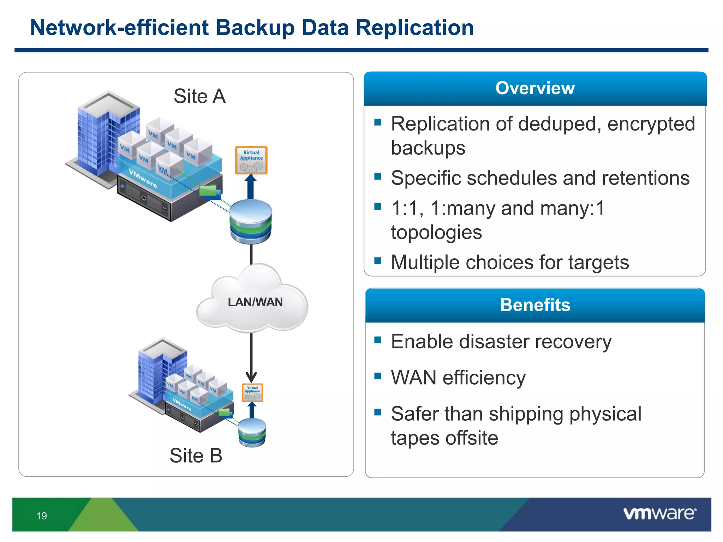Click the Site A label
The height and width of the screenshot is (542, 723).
199,96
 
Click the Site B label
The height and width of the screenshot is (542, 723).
196,455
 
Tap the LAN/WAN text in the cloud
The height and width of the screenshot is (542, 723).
255,302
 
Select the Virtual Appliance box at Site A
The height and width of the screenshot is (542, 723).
251,160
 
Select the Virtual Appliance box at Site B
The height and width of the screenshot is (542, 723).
252,392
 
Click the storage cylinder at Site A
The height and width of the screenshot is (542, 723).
251,222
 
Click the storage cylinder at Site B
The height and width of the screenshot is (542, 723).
252,433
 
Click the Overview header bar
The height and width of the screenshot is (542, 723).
535,88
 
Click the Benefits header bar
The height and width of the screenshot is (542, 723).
535,305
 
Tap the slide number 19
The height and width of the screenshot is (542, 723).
42,516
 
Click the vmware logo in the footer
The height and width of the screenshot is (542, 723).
659,513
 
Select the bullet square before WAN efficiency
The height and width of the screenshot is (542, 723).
378,376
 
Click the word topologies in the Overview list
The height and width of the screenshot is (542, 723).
436,232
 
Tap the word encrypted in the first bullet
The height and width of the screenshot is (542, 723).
651,124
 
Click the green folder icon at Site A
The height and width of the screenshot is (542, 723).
208,191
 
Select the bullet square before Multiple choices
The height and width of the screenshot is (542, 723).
378,260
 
